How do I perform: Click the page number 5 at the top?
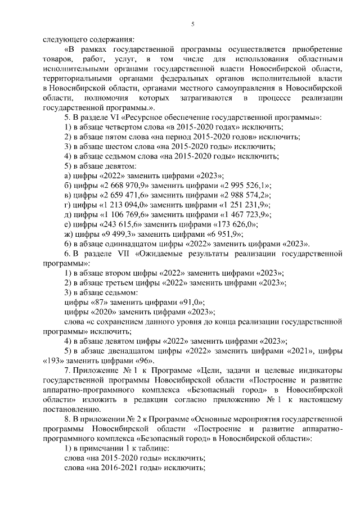click(192, 24)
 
